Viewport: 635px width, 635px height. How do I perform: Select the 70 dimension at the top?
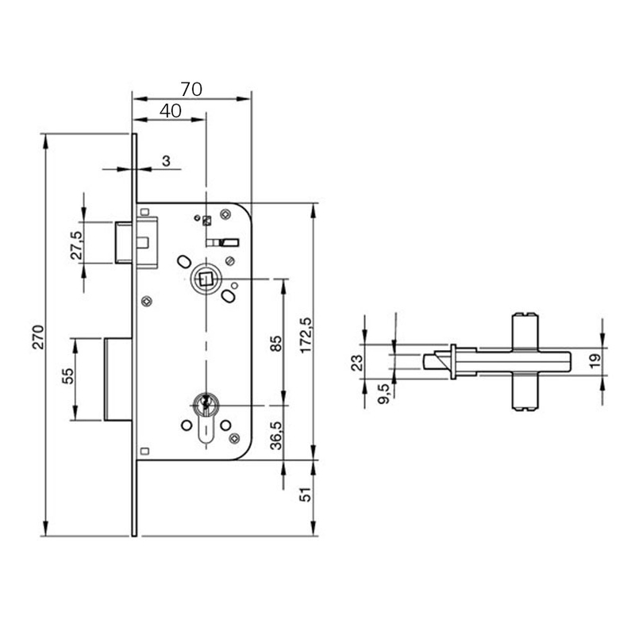[x=191, y=89]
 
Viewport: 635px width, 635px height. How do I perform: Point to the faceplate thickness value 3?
[x=166, y=161]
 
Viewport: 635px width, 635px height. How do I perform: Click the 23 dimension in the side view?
[x=357, y=362]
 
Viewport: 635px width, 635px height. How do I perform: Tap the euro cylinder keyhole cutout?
[x=205, y=418]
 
